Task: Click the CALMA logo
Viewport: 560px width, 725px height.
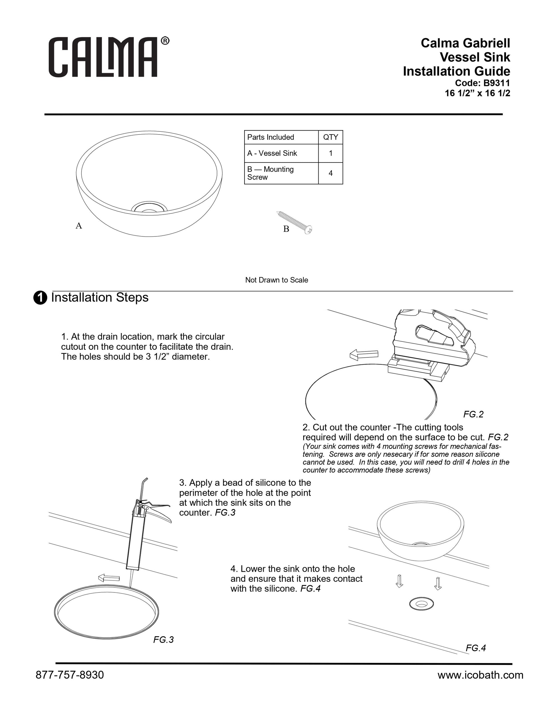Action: tap(109, 57)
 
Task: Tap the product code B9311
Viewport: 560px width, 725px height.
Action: tap(496, 83)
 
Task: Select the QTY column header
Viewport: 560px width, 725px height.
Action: tap(330, 137)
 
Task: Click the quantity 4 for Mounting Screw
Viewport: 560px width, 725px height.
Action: tap(330, 173)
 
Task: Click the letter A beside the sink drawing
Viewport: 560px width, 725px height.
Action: tap(79, 226)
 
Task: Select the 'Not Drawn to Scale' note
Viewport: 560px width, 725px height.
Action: tap(277, 280)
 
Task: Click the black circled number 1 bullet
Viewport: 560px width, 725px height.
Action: tap(40, 298)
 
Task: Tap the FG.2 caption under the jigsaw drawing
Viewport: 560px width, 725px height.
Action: tap(473, 414)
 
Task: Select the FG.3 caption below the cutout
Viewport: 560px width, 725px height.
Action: tap(164, 639)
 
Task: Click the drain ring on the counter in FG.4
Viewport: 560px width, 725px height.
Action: tap(422, 604)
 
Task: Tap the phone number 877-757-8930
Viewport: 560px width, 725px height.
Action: tap(70, 675)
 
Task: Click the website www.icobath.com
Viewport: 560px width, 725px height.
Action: tap(480, 675)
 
